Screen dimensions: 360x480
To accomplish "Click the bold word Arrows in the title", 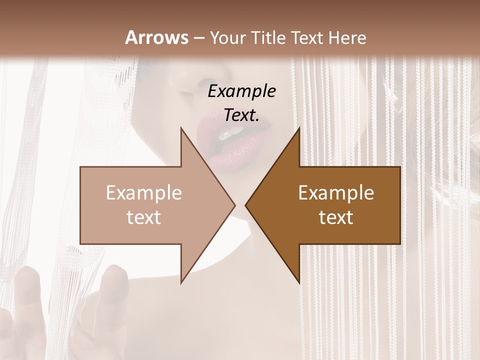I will click(157, 37).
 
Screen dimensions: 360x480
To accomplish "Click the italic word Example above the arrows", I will click(241, 91).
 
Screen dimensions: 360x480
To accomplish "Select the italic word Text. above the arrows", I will click(241, 115).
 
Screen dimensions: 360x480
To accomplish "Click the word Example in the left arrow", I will click(144, 193).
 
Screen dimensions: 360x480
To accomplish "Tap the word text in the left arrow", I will click(144, 217).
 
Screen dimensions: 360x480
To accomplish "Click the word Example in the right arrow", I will click(336, 193).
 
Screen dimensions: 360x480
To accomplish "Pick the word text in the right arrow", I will click(336, 217).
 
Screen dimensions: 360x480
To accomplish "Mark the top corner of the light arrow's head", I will click(181, 128).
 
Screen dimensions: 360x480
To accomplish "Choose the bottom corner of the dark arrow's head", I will click(298, 282).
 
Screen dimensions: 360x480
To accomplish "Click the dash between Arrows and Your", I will click(198, 38).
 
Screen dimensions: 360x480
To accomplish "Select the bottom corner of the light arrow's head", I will click(181, 282).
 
